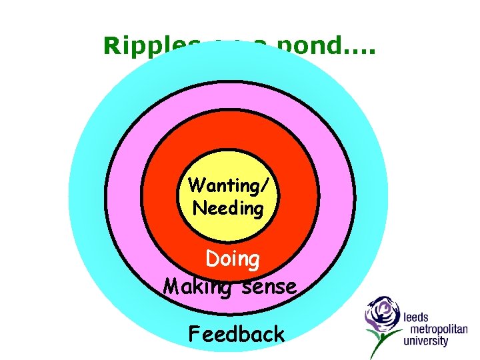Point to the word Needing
(228, 208)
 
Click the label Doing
(233, 259)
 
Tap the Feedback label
(237, 333)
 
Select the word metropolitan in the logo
(435, 329)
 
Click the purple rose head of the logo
(382, 313)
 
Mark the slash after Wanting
(272, 185)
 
